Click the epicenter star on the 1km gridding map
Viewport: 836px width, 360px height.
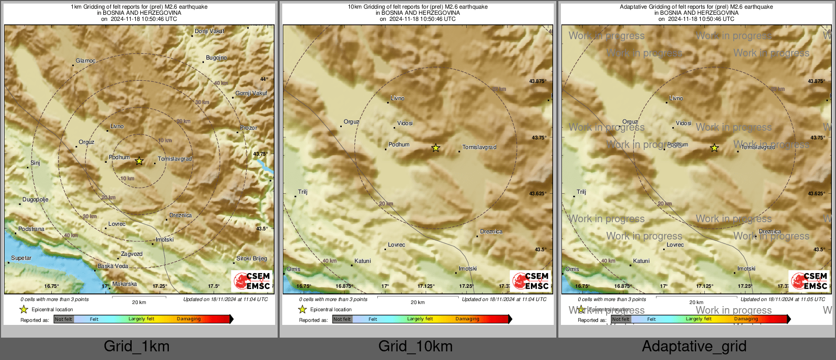[x=139, y=161]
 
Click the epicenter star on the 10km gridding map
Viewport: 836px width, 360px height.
[x=435, y=148]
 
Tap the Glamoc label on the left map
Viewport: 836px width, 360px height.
[x=85, y=61]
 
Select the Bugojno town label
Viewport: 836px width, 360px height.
[x=216, y=58]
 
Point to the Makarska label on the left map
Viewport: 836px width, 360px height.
[x=125, y=284]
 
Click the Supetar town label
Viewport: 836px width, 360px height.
[x=21, y=258]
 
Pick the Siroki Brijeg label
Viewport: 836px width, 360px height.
[x=252, y=259]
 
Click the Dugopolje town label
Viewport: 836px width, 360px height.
[x=35, y=200]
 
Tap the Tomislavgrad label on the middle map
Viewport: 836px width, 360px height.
[x=479, y=147]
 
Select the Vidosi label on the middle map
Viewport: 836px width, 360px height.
[x=405, y=124]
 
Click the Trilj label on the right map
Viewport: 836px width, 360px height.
[x=581, y=192]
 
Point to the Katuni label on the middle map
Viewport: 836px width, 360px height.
[x=363, y=261]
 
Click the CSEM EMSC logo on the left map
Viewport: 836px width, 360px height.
[x=252, y=281]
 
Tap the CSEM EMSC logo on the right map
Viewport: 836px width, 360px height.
[x=809, y=281]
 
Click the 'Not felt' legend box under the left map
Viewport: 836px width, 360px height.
[x=64, y=319]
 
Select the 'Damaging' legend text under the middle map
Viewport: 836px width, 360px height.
[x=467, y=319]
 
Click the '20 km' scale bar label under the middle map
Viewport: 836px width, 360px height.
[x=417, y=303]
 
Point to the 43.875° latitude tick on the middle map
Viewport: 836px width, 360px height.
[x=538, y=81]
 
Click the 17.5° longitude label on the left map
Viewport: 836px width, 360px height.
[x=214, y=286]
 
